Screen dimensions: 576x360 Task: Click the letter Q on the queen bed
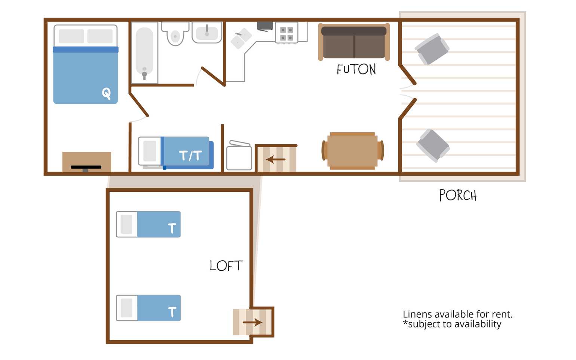tap(107, 93)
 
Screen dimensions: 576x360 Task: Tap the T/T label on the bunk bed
tap(190, 156)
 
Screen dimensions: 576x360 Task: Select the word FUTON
tap(356, 70)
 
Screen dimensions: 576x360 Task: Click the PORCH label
tap(458, 195)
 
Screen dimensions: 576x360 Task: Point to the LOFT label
tap(226, 265)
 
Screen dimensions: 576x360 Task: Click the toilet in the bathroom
tap(175, 33)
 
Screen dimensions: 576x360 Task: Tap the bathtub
tap(144, 53)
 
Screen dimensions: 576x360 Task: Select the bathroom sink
tap(207, 33)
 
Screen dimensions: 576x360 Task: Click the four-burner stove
tap(287, 33)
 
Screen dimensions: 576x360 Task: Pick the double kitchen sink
tap(241, 38)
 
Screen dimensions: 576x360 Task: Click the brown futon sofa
tap(354, 42)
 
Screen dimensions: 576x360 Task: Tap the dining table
tap(353, 151)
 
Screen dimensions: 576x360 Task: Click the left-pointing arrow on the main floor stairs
tap(276, 160)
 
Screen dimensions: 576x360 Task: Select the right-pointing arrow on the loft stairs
tap(252, 322)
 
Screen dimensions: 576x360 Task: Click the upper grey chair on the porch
tap(432, 49)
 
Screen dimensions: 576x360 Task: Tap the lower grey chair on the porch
tap(433, 145)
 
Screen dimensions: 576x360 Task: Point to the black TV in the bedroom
tap(86, 168)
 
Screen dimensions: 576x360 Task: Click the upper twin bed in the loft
tap(148, 224)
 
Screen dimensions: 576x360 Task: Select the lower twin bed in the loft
tap(148, 308)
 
